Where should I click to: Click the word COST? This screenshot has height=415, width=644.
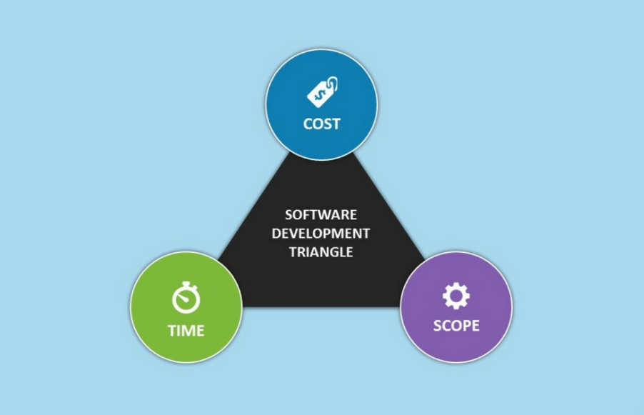click(x=321, y=124)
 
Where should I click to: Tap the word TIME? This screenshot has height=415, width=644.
click(x=186, y=331)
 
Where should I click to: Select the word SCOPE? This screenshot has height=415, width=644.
click(x=456, y=326)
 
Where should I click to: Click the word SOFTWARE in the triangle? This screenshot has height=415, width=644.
click(x=321, y=214)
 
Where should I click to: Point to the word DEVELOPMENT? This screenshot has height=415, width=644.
click(x=321, y=234)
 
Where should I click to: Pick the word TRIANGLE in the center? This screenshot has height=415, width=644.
click(x=321, y=252)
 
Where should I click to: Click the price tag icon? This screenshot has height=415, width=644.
click(x=323, y=91)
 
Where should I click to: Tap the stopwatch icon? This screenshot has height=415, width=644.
click(x=186, y=297)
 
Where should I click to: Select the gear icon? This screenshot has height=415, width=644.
click(x=456, y=296)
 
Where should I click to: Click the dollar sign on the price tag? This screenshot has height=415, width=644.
click(x=319, y=95)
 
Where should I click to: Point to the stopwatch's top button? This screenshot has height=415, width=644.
click(x=186, y=284)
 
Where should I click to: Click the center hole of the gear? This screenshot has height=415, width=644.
click(x=456, y=296)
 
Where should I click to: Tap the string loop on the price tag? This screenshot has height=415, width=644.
click(x=333, y=83)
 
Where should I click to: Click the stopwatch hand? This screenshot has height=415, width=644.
click(x=183, y=298)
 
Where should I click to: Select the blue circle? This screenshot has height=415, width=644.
click(x=321, y=104)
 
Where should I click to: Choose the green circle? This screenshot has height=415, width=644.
click(x=186, y=307)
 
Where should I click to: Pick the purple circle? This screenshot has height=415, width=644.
click(x=456, y=307)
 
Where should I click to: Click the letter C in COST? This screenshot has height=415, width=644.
click(x=308, y=124)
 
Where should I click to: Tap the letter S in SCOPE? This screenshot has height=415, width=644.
click(x=438, y=326)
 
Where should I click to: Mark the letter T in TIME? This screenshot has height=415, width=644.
click(x=173, y=331)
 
